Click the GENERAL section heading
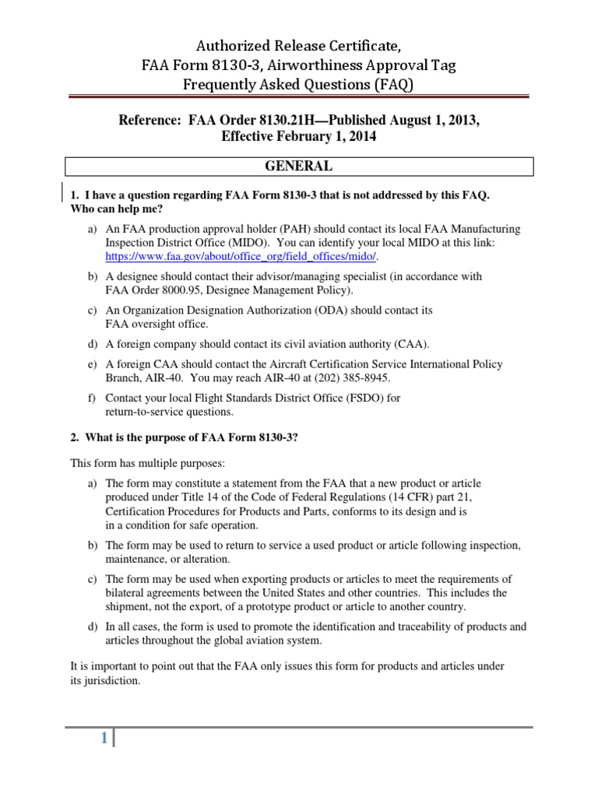point(299,167)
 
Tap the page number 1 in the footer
point(103,739)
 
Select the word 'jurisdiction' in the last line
point(112,679)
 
